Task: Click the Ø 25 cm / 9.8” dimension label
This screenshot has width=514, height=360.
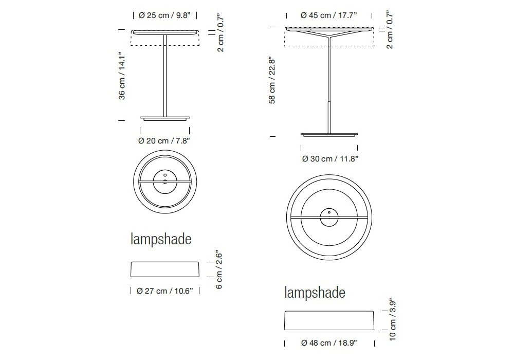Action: click(x=164, y=15)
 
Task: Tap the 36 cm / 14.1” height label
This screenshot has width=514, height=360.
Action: click(x=122, y=76)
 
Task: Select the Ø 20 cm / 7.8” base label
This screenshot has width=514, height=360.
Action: click(x=164, y=140)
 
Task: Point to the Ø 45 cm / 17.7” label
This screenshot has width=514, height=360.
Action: click(x=329, y=15)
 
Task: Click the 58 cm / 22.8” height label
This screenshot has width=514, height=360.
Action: click(x=272, y=81)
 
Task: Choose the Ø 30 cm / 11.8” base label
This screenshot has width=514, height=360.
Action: click(x=330, y=159)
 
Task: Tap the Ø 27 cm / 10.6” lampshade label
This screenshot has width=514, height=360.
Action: click(x=165, y=291)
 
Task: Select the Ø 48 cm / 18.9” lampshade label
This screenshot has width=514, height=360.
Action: click(x=329, y=343)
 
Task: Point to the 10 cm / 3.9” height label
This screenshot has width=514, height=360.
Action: click(x=392, y=320)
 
